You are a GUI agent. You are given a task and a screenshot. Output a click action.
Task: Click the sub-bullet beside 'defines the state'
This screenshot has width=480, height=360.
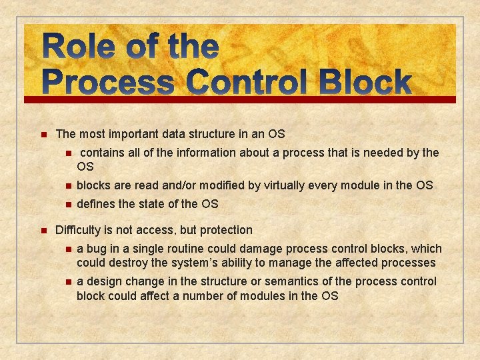click(67, 204)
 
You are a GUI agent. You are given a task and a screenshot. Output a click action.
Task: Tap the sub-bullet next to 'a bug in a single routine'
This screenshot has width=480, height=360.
click(67, 249)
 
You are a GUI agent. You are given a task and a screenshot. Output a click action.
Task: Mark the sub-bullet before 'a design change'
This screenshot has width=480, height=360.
click(67, 282)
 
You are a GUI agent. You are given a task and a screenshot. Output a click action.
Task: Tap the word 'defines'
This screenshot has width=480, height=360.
click(96, 203)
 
